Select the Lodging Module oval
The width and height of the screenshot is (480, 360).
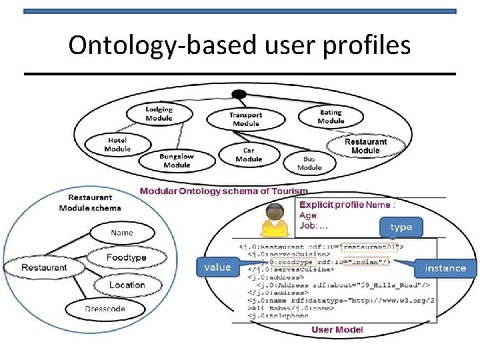pyautogui.click(x=159, y=114)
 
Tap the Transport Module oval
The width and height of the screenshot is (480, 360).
pyautogui.click(x=246, y=119)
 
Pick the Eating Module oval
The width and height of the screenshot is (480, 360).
pyautogui.click(x=331, y=117)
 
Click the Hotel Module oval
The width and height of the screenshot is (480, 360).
pyautogui.click(x=117, y=145)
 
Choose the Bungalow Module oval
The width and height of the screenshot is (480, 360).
pyautogui.click(x=177, y=161)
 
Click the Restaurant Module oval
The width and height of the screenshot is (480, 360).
pyautogui.click(x=365, y=146)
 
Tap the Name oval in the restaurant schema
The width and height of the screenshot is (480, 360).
pyautogui.click(x=122, y=233)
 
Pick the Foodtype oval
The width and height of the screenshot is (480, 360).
pyautogui.click(x=126, y=257)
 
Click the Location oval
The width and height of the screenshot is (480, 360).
pyautogui.click(x=127, y=285)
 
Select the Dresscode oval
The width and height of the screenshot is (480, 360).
pyautogui.click(x=105, y=309)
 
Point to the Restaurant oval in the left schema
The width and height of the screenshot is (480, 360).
pyautogui.click(x=44, y=267)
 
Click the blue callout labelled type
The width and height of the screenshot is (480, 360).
pyautogui.click(x=401, y=227)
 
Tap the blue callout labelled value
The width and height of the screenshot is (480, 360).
pyautogui.click(x=217, y=267)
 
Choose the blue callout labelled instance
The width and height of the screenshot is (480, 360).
pyautogui.click(x=445, y=268)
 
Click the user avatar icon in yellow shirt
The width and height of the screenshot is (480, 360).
pyautogui.click(x=274, y=220)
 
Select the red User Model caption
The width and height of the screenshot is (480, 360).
pyautogui.click(x=337, y=329)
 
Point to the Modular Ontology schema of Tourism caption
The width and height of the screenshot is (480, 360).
pyautogui.click(x=224, y=191)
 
